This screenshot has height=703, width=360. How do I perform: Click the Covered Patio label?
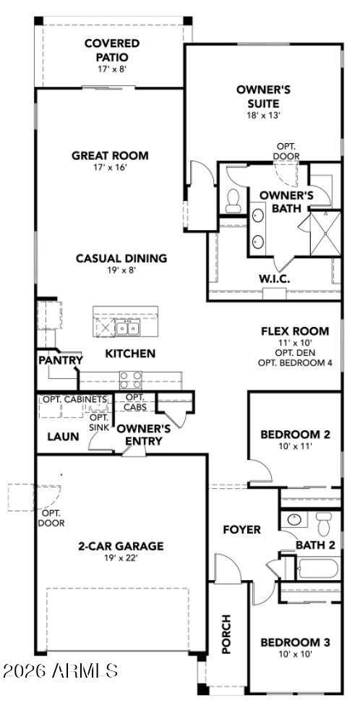coord(112,51)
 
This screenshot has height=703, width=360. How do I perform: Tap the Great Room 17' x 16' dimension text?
coord(110,167)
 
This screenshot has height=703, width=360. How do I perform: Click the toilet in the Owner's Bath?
coord(233,201)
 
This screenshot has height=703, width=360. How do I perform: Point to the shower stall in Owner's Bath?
coord(325,233)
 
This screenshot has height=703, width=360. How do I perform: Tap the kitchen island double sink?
coord(127,328)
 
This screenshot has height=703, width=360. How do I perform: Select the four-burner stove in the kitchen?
coord(130,380)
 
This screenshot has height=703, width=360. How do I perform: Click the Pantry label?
coord(61,360)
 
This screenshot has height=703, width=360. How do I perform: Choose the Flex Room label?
coord(295,331)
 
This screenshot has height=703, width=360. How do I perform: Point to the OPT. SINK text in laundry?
coord(99,422)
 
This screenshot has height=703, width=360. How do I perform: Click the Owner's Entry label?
coord(143,435)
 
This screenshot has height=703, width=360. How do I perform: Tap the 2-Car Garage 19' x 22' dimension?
coord(121,558)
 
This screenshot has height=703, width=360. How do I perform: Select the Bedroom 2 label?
coord(296,434)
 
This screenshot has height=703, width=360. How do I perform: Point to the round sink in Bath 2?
coord(294,519)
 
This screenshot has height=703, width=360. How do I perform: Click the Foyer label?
coord(241,529)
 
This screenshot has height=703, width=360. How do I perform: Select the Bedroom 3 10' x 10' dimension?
coord(296,654)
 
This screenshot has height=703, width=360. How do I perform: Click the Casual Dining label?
coord(121,258)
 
